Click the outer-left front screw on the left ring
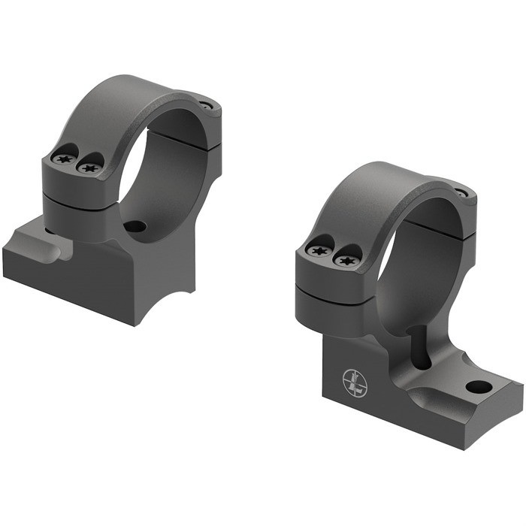[x=62, y=159]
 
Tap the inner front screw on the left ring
[x=90, y=167]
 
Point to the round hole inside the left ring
[x=135, y=225]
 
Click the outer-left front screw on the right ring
[x=318, y=249]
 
